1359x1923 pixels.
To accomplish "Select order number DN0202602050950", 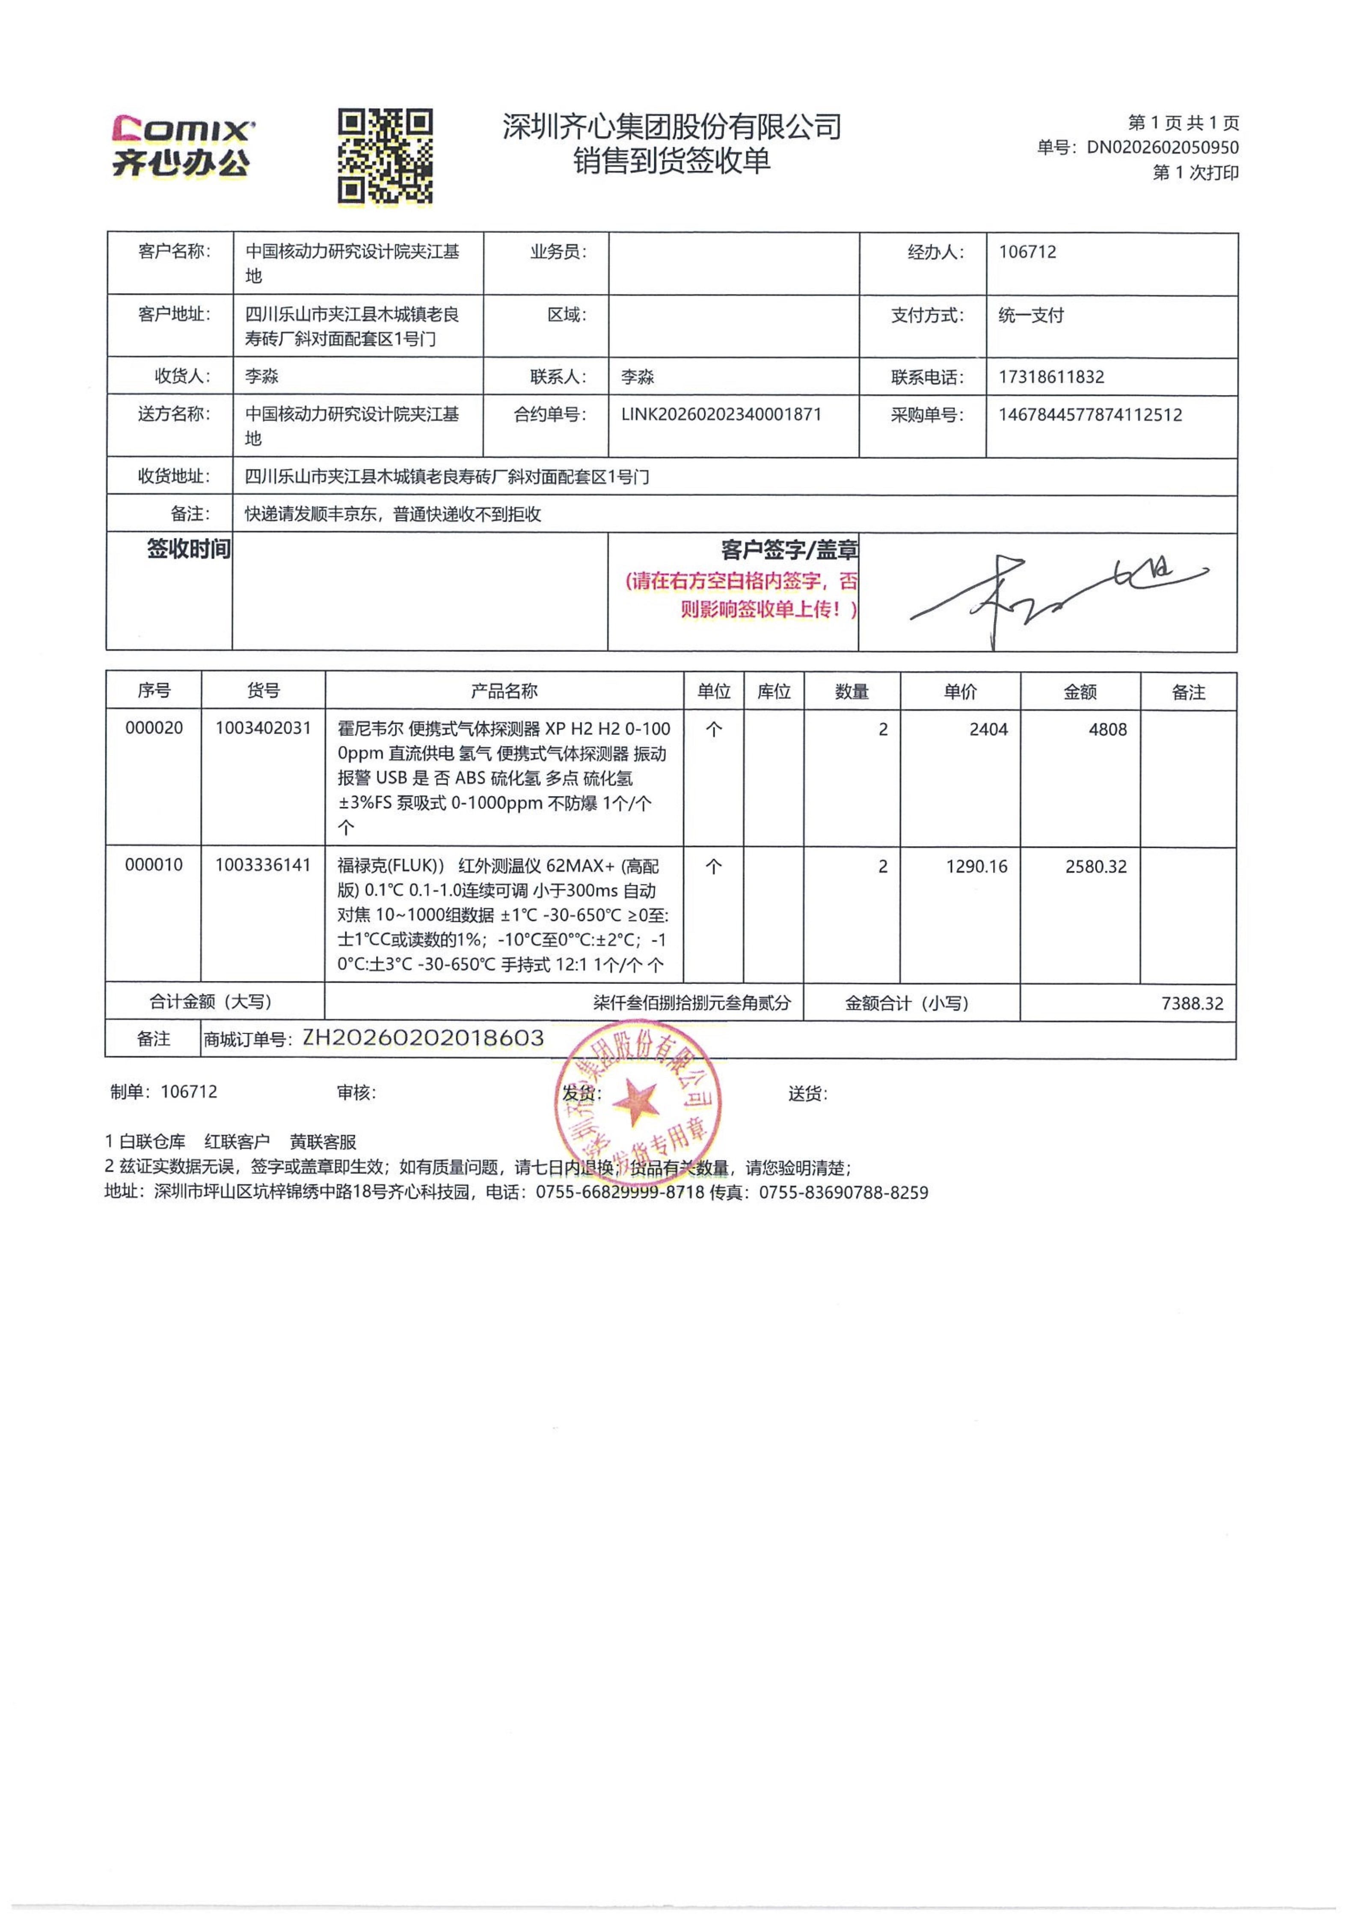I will tap(1162, 147).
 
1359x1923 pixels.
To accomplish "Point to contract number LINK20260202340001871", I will tap(721, 415).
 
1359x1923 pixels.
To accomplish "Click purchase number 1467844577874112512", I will tap(1090, 415).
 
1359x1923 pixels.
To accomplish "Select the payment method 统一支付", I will tap(1031, 316).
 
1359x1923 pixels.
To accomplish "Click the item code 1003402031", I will tap(263, 728).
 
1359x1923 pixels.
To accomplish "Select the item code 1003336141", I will tap(263, 865).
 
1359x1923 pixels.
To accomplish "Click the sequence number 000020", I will tap(154, 728).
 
